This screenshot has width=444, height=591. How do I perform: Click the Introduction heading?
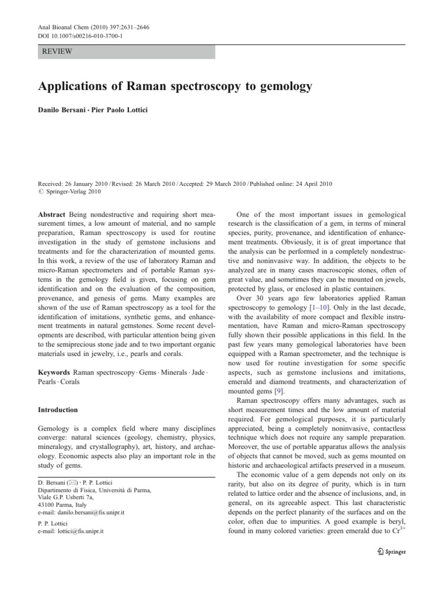[x=58, y=410]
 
